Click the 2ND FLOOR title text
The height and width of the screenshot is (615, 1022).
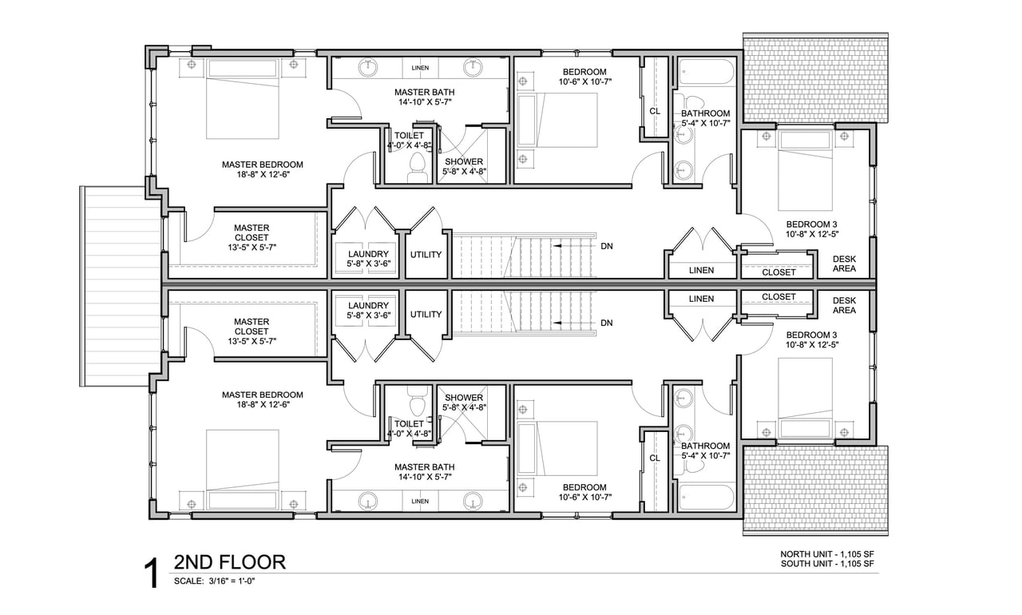(229, 562)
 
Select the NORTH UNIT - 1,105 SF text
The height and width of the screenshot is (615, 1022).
(826, 554)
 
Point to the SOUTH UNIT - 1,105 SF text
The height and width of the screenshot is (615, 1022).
(826, 564)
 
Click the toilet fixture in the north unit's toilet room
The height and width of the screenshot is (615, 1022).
(417, 167)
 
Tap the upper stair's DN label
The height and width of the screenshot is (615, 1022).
(606, 246)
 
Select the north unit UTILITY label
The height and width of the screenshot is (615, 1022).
(426, 255)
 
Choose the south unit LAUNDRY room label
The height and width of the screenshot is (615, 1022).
(368, 305)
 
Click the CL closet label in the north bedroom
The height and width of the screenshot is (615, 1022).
(655, 111)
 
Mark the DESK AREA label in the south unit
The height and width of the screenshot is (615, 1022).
(844, 305)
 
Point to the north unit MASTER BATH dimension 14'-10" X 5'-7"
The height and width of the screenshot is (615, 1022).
(425, 102)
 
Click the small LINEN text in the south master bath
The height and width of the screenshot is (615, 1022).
(420, 501)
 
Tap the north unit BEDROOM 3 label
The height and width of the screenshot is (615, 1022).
(812, 224)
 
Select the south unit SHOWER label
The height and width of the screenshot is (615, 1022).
(464, 398)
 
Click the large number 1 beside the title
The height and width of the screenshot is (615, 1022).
(152, 572)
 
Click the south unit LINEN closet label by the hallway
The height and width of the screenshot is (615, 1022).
(701, 299)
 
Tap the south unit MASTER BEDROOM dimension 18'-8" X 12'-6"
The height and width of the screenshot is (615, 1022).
(263, 405)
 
